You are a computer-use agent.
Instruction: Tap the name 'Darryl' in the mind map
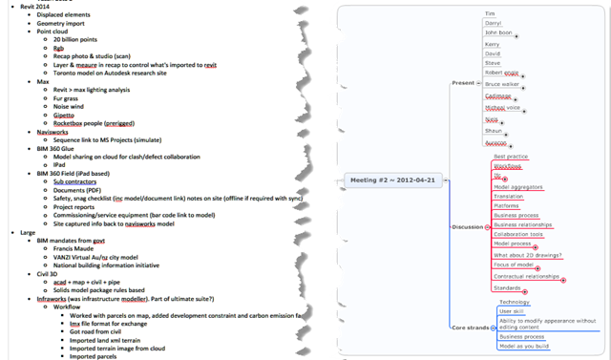tap(496, 23)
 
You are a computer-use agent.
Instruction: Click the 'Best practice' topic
tap(512, 156)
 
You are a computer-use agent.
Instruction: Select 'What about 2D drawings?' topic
tap(528, 254)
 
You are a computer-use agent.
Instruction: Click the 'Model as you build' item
tap(524, 346)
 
